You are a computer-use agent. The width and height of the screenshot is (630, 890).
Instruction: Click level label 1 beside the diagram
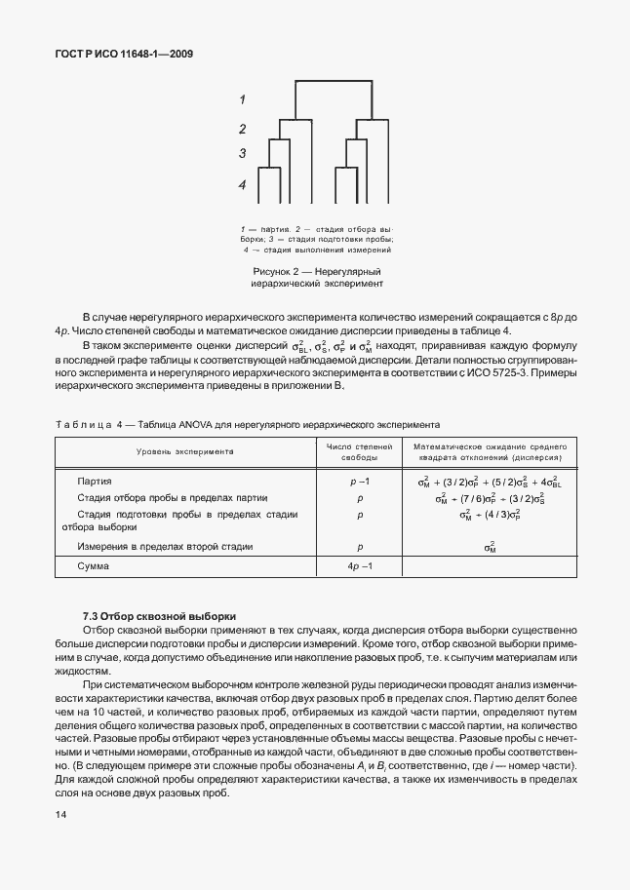[242, 98]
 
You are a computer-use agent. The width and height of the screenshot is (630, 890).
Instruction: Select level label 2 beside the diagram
[242, 129]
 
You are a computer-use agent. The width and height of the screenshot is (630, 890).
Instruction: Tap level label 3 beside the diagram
[242, 153]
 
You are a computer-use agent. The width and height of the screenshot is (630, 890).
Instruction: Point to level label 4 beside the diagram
[242, 184]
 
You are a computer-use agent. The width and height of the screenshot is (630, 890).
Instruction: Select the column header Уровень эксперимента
[185, 452]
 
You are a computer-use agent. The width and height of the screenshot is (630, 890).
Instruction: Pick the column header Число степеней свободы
[359, 452]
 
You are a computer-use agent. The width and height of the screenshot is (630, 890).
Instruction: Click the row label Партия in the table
[95, 482]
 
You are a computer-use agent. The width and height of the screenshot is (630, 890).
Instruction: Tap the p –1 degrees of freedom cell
[359, 482]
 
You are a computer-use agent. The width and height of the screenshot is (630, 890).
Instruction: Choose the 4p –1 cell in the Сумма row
[359, 566]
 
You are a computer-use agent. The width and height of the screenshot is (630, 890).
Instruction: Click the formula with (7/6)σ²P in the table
[489, 498]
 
